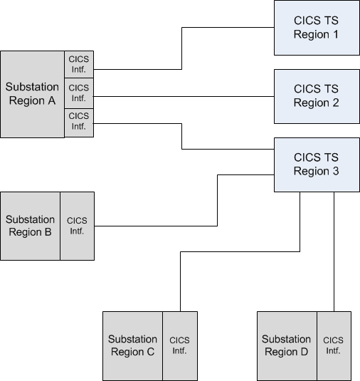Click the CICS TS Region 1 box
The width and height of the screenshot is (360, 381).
coord(317,28)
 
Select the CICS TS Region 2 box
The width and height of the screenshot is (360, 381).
coord(317,96)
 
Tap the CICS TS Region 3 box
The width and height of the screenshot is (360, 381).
coord(317,165)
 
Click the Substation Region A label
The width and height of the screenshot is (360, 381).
coord(32,93)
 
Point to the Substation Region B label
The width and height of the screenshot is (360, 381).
coord(30,226)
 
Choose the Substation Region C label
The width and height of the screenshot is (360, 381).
coord(132,345)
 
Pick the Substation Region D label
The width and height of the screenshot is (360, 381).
coord(286,345)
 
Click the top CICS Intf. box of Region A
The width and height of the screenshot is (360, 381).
coord(79,64)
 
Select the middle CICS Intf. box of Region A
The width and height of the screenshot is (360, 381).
coord(79,93)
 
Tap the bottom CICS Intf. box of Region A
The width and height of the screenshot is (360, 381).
coord(79,122)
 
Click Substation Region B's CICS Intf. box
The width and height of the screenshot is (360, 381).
coord(78,226)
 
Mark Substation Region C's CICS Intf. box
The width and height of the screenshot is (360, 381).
coord(180,346)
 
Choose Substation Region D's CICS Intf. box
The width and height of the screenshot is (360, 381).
coord(334,346)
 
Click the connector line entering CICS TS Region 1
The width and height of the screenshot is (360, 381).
coord(182,48)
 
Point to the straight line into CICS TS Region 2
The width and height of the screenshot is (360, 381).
coord(184,96)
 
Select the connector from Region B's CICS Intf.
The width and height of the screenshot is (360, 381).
coord(217,201)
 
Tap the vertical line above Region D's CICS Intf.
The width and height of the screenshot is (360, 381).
coord(334,251)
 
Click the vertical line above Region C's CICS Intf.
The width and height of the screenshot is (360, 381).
coord(181,281)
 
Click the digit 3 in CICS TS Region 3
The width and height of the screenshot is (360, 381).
coord(336,171)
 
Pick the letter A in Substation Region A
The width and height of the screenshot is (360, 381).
coord(51,100)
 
